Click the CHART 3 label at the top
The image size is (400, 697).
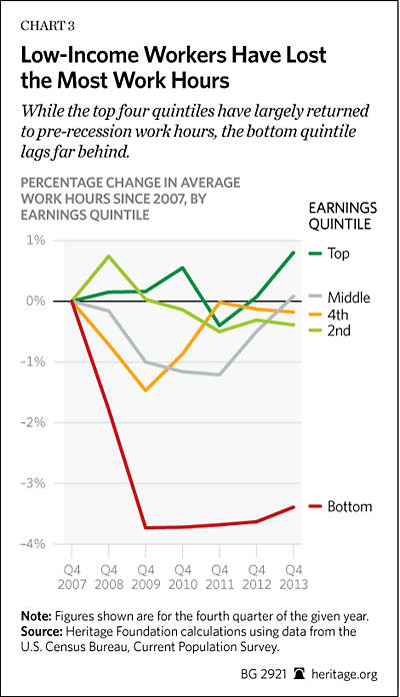point(48,26)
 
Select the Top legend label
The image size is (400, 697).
point(339,254)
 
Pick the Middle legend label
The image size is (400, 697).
point(349,298)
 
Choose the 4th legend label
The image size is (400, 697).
point(338,315)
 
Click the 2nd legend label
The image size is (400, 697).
point(339,331)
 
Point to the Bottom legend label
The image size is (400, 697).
point(350,506)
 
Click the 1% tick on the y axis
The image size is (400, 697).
point(36,241)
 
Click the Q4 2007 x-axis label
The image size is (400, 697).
point(72,576)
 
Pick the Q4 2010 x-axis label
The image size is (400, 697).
point(182,576)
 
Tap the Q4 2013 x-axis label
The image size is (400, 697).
point(294,576)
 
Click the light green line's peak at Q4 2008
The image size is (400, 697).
point(109,256)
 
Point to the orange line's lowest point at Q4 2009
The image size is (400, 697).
point(145,390)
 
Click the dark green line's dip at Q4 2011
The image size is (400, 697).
point(219,326)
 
